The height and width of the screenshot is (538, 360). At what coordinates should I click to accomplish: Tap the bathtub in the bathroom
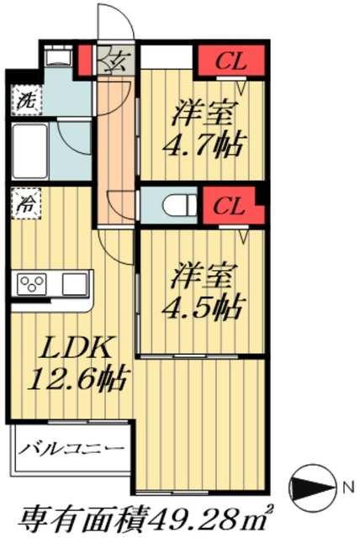(31, 151)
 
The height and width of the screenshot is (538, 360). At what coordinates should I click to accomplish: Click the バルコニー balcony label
(71, 449)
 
